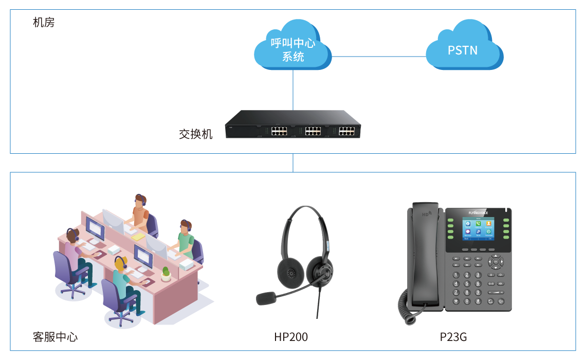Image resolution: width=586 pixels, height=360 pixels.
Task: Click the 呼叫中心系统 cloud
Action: point(293,47)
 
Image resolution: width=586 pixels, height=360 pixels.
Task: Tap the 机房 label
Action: point(43,23)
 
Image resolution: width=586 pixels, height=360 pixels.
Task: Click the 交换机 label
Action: point(195,134)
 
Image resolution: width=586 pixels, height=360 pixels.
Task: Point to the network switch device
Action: point(293,124)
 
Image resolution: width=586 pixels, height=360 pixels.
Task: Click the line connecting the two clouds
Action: point(378,56)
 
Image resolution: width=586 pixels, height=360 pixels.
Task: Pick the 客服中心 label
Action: point(55,337)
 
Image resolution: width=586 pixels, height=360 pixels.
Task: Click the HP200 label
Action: point(291,337)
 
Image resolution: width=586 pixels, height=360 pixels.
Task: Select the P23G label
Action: point(453,337)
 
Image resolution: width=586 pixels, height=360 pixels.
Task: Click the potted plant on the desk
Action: point(166,274)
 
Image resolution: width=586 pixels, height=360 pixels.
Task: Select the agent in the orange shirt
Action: point(139,211)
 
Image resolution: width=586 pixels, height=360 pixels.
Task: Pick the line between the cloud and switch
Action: point(293,90)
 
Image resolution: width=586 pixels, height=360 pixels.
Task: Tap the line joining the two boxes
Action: point(293,163)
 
